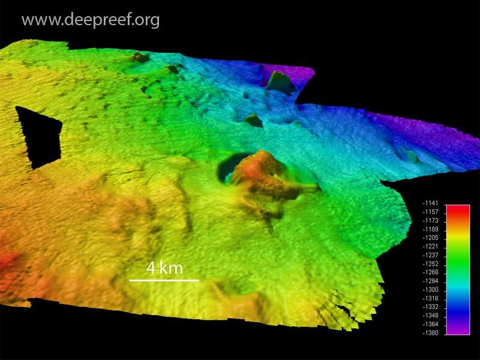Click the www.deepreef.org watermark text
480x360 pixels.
pyautogui.click(x=91, y=20)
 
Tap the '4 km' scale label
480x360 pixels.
pyautogui.click(x=164, y=268)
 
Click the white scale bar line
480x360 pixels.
pyautogui.click(x=164, y=280)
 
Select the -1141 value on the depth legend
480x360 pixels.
pyautogui.click(x=431, y=204)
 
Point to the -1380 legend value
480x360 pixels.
pyautogui.click(x=431, y=332)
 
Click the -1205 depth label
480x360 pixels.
pyautogui.click(x=431, y=238)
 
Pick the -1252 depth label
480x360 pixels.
pyautogui.click(x=431, y=264)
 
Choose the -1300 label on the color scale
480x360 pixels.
pyautogui.click(x=431, y=289)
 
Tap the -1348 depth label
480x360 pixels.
pyautogui.click(x=431, y=315)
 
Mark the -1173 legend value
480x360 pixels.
pyautogui.click(x=431, y=221)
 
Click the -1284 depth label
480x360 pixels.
pyautogui.click(x=431, y=281)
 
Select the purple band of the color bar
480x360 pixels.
pyautogui.click(x=457, y=328)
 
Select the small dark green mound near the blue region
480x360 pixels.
pyautogui.click(x=253, y=121)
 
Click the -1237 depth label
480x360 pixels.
pyautogui.click(x=431, y=255)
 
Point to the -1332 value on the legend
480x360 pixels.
pyautogui.click(x=431, y=307)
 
